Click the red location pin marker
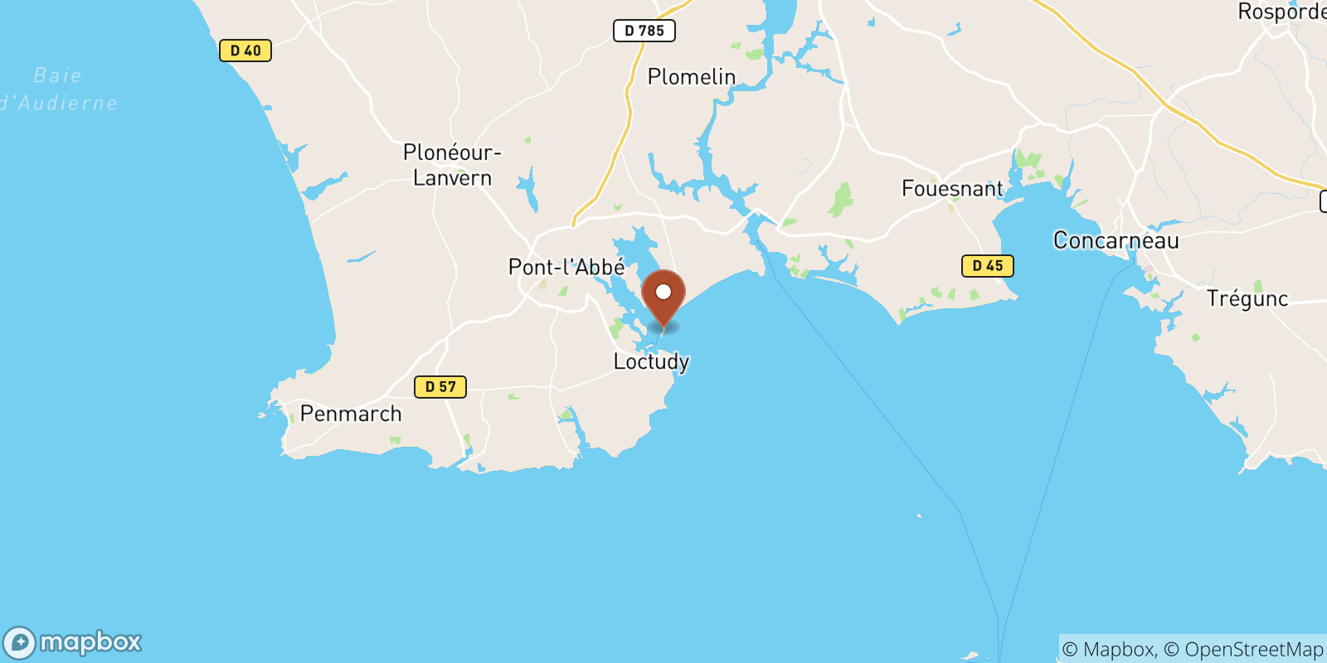(663, 298)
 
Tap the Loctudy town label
(651, 361)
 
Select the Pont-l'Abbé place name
(566, 267)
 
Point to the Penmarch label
(351, 414)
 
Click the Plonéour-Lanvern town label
(452, 165)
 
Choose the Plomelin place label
(692, 77)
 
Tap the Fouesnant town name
(952, 189)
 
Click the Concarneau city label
(1116, 240)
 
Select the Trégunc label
(1247, 298)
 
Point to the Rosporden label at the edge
(1281, 12)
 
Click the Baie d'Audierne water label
(58, 90)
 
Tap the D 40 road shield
(245, 51)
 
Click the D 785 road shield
(644, 31)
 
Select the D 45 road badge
(988, 266)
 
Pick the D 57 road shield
(440, 387)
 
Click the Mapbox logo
(73, 642)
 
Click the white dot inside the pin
(663, 292)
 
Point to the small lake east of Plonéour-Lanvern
(527, 191)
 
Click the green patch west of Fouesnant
(841, 200)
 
